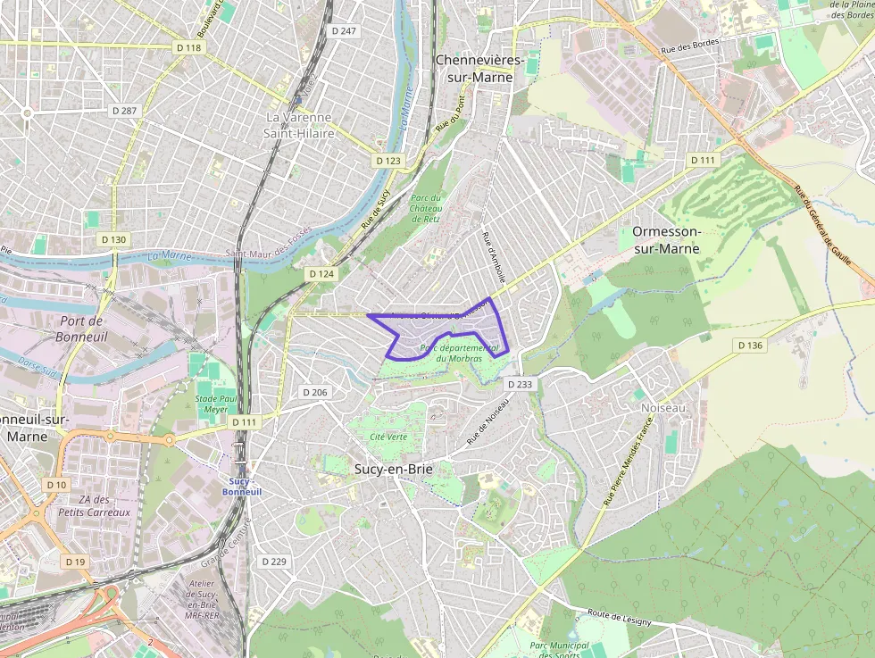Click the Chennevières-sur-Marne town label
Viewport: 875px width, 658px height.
(474, 68)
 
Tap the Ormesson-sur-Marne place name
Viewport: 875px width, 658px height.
(667, 239)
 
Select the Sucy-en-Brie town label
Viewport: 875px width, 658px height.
(387, 468)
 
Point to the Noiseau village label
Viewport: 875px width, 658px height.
(663, 407)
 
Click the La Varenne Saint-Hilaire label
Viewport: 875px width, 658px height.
(298, 125)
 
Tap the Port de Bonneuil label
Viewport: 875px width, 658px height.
(80, 329)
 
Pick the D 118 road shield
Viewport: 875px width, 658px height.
(188, 47)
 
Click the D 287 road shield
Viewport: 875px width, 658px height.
(125, 110)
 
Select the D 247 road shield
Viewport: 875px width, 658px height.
(344, 30)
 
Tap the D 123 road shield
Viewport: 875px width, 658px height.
(388, 161)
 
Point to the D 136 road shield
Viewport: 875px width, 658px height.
(751, 345)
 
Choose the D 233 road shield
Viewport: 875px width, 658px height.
(520, 384)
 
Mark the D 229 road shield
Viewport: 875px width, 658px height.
(274, 561)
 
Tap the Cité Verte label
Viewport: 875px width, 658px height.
(388, 437)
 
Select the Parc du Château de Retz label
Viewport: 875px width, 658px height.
(426, 207)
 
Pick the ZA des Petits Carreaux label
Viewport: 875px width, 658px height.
(94, 506)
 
